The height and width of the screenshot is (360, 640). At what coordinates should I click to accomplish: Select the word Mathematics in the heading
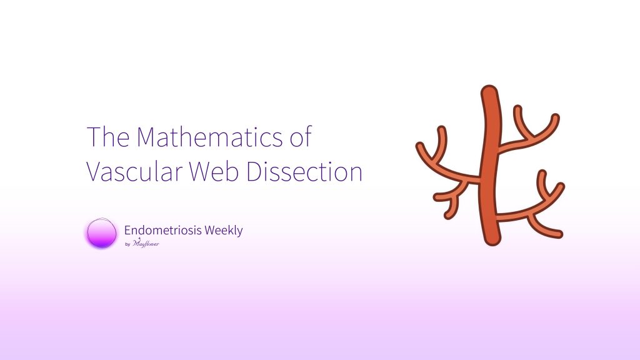pyautogui.click(x=209, y=137)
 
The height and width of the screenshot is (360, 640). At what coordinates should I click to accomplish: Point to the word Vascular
pyautogui.click(x=134, y=171)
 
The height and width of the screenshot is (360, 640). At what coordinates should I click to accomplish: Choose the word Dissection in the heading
pyautogui.click(x=304, y=171)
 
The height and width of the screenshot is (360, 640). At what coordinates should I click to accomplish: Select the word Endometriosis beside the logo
pyautogui.click(x=162, y=230)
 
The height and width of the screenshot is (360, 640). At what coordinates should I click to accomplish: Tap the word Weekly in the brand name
pyautogui.click(x=224, y=231)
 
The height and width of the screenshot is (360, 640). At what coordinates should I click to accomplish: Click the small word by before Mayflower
pyautogui.click(x=127, y=244)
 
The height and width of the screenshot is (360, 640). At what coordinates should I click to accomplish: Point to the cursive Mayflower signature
pyautogui.click(x=146, y=243)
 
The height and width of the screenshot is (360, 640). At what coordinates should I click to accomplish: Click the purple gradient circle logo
pyautogui.click(x=101, y=233)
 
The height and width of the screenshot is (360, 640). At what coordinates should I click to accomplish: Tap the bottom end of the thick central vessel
pyautogui.click(x=492, y=242)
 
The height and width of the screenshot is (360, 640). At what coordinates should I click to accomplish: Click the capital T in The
pyautogui.click(x=94, y=137)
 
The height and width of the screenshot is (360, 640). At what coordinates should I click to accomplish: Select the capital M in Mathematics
pyautogui.click(x=147, y=137)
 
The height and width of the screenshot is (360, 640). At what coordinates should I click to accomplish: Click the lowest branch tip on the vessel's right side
pyautogui.click(x=560, y=235)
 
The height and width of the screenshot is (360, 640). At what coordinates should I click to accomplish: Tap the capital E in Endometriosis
pyautogui.click(x=127, y=230)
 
